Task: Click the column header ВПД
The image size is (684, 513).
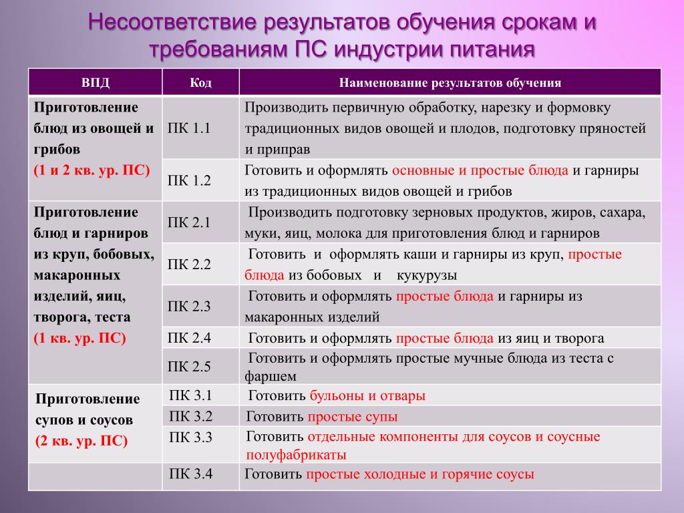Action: (x=95, y=82)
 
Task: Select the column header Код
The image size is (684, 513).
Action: (x=200, y=82)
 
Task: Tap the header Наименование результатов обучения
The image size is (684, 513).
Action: (x=450, y=82)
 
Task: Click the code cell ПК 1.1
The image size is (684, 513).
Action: (x=189, y=128)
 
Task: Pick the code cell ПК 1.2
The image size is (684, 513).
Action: (x=189, y=180)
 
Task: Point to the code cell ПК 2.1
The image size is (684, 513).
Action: (x=189, y=222)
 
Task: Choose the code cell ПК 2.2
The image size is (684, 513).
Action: (x=189, y=265)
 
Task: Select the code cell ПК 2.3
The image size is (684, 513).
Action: (x=189, y=306)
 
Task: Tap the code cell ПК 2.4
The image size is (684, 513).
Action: (x=189, y=337)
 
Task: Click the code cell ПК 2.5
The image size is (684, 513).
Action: (x=189, y=367)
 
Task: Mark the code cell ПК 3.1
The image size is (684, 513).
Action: (x=190, y=395)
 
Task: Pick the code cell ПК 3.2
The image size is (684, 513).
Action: (x=190, y=416)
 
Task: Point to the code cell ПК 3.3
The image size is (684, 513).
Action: (x=190, y=437)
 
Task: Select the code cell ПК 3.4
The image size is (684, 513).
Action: (x=190, y=474)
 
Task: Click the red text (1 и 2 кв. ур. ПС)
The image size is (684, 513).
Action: (x=92, y=170)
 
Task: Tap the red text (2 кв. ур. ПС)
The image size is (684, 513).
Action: (x=81, y=441)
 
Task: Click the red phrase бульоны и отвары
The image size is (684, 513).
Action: (x=367, y=395)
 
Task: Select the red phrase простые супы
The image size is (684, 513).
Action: (x=353, y=417)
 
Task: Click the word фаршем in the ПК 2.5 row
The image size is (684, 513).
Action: (x=271, y=377)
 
